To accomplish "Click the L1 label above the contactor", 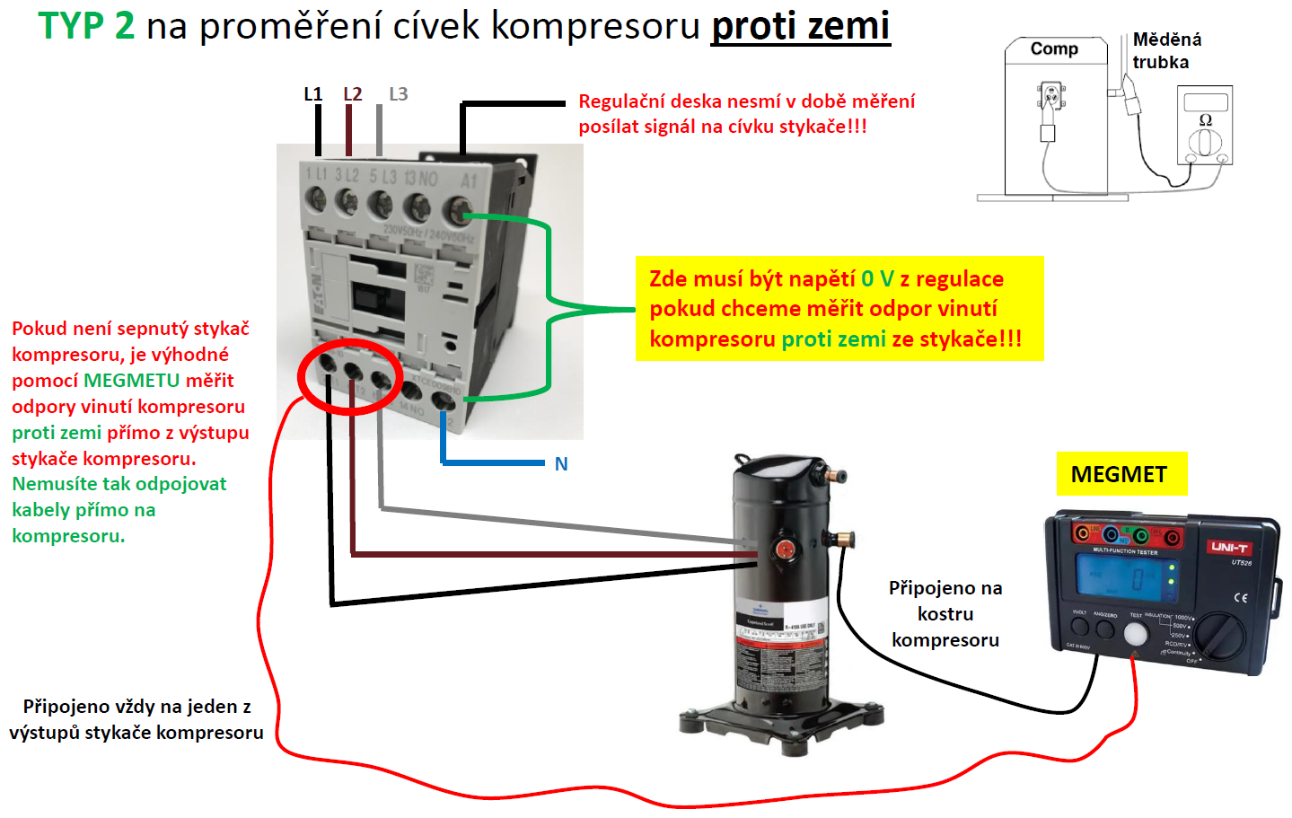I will (312, 94).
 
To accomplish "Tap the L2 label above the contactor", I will (352, 94).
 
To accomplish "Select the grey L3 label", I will (398, 94).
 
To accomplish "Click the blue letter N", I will (561, 464).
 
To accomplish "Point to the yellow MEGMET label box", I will (1121, 474).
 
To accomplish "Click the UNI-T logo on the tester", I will (1229, 547).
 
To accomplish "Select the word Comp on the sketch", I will (1054, 48).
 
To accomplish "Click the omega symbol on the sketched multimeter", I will (1205, 120).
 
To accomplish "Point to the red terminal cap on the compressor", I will (786, 549).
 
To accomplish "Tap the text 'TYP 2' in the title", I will (86, 26).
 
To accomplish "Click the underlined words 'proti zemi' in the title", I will (800, 26).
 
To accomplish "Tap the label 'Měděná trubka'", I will (1165, 50).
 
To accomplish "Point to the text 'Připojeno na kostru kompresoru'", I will (945, 613).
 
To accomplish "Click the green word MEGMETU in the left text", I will (131, 381).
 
